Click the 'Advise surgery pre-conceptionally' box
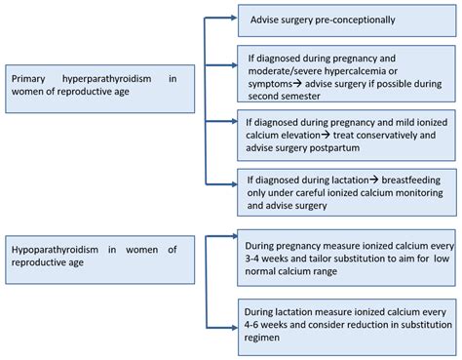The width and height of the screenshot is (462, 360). point(346,20)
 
